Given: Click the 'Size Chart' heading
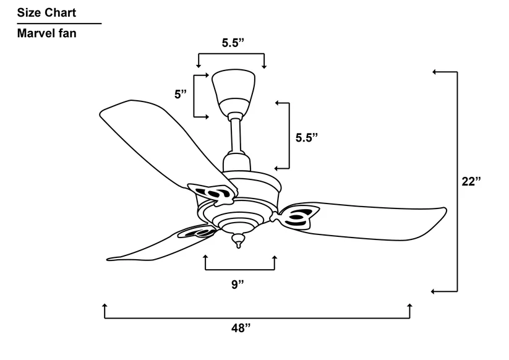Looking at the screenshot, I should pos(46,12).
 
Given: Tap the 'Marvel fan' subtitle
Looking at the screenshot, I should pos(47,33).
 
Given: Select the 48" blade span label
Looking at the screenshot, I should pos(240,328).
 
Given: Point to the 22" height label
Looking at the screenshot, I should pos(471,181).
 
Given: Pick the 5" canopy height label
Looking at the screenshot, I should pos(181,95).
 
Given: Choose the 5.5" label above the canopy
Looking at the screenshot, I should pos(233,43).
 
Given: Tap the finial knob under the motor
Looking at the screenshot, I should pos(237,240).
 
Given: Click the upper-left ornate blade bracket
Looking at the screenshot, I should pos(212,194).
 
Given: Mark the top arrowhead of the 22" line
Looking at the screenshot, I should pos(434,72).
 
